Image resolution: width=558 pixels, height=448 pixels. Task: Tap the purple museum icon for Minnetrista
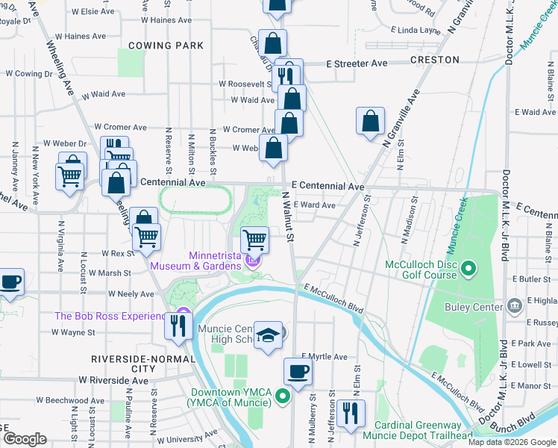[x=253, y=261]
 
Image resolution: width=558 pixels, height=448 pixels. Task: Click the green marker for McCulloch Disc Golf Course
[x=468, y=267]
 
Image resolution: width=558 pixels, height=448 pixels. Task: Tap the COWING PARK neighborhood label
[x=166, y=46]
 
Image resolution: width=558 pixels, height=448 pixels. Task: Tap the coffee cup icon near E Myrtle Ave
[x=298, y=371]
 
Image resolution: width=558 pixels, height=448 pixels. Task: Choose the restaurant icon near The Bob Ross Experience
[x=178, y=326]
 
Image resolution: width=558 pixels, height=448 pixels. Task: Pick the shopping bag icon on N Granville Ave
[x=370, y=121]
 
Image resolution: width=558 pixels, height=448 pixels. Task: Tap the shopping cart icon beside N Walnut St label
[x=255, y=240]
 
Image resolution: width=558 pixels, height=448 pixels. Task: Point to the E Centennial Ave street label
[x=327, y=186]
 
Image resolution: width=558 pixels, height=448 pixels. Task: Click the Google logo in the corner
[x=25, y=439]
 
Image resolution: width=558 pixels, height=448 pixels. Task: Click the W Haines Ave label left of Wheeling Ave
[x=81, y=36]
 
